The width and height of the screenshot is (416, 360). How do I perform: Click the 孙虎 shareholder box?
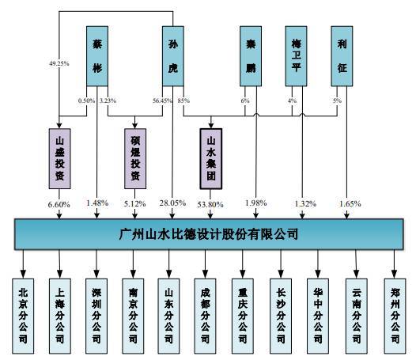pos(173,56)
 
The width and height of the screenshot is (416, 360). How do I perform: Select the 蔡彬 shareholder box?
pos(97,56)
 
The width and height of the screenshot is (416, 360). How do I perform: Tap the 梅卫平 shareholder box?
pos(296,56)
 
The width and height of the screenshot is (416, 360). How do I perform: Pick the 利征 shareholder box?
pos(342,56)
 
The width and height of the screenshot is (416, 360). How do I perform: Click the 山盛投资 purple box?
pos(59,159)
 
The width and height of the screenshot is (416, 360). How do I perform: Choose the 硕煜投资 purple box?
pos(135,159)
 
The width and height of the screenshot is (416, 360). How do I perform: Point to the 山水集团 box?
pos(211,159)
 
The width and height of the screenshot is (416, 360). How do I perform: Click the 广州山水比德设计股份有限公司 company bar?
pos(209,234)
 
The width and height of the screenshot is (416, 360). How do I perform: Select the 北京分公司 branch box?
pos(23,316)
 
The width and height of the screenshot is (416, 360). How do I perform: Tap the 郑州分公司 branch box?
pos(395,316)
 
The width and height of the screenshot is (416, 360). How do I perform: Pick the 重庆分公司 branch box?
pos(243,316)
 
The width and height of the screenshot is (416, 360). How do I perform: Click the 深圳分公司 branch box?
pos(96,316)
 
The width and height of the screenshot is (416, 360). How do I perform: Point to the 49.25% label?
pos(59,63)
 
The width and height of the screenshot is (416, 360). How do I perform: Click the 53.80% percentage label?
pos(210,204)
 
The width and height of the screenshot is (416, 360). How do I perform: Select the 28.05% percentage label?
pos(172,203)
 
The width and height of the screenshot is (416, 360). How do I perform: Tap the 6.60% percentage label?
pos(59,205)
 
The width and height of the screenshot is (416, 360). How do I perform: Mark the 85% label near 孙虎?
pos(183,100)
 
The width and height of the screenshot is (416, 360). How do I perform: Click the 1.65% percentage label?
pos(350,204)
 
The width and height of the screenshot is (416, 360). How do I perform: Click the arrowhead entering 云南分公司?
pos(357,275)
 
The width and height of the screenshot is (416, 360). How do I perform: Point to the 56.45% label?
pos(162,100)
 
